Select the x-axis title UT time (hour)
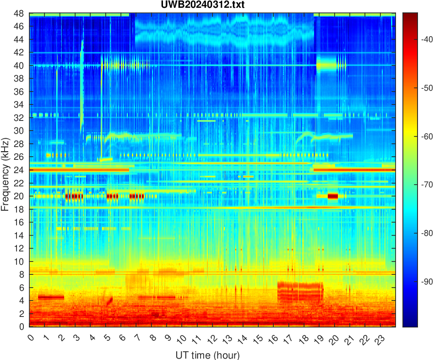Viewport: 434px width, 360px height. (207, 355)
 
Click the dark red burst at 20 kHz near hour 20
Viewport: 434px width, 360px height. (333, 196)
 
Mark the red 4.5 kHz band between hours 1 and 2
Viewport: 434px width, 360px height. (51, 297)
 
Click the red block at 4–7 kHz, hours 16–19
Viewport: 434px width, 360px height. (300, 292)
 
